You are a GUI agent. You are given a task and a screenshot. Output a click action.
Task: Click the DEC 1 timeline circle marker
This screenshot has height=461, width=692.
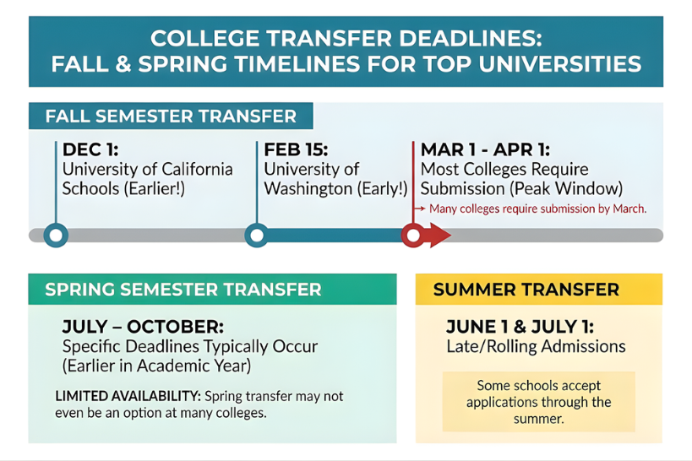click(56, 235)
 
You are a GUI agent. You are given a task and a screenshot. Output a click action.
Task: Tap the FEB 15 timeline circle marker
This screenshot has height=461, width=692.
click(257, 235)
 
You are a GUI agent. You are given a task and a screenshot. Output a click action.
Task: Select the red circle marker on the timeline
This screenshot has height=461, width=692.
click(412, 235)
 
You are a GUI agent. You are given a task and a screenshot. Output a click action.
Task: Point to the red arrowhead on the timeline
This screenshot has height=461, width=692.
click(440, 235)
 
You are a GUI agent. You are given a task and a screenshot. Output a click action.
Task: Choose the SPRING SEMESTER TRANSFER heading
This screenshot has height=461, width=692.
click(183, 290)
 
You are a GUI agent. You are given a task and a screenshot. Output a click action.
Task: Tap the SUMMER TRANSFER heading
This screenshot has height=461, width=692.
click(526, 290)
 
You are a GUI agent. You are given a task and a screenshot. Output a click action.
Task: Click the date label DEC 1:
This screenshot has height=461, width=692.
click(90, 150)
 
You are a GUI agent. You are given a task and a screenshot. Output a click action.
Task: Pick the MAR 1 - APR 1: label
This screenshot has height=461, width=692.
click(485, 150)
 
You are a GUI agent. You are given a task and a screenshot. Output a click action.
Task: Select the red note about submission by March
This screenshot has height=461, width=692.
click(537, 209)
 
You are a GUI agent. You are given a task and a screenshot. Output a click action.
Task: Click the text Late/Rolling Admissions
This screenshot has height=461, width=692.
click(536, 347)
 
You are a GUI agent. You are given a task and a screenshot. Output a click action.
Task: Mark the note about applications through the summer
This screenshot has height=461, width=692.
click(538, 402)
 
